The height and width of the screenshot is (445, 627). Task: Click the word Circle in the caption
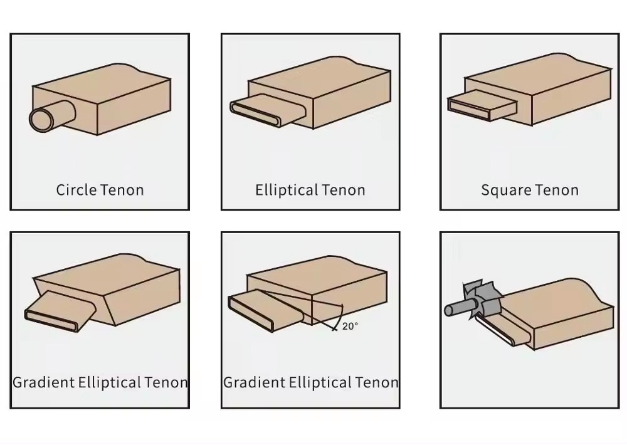point(76,190)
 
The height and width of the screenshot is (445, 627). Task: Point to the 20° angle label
point(350,326)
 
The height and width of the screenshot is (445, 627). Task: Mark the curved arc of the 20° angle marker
point(339,317)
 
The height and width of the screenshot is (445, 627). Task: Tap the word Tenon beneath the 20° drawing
point(376,382)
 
